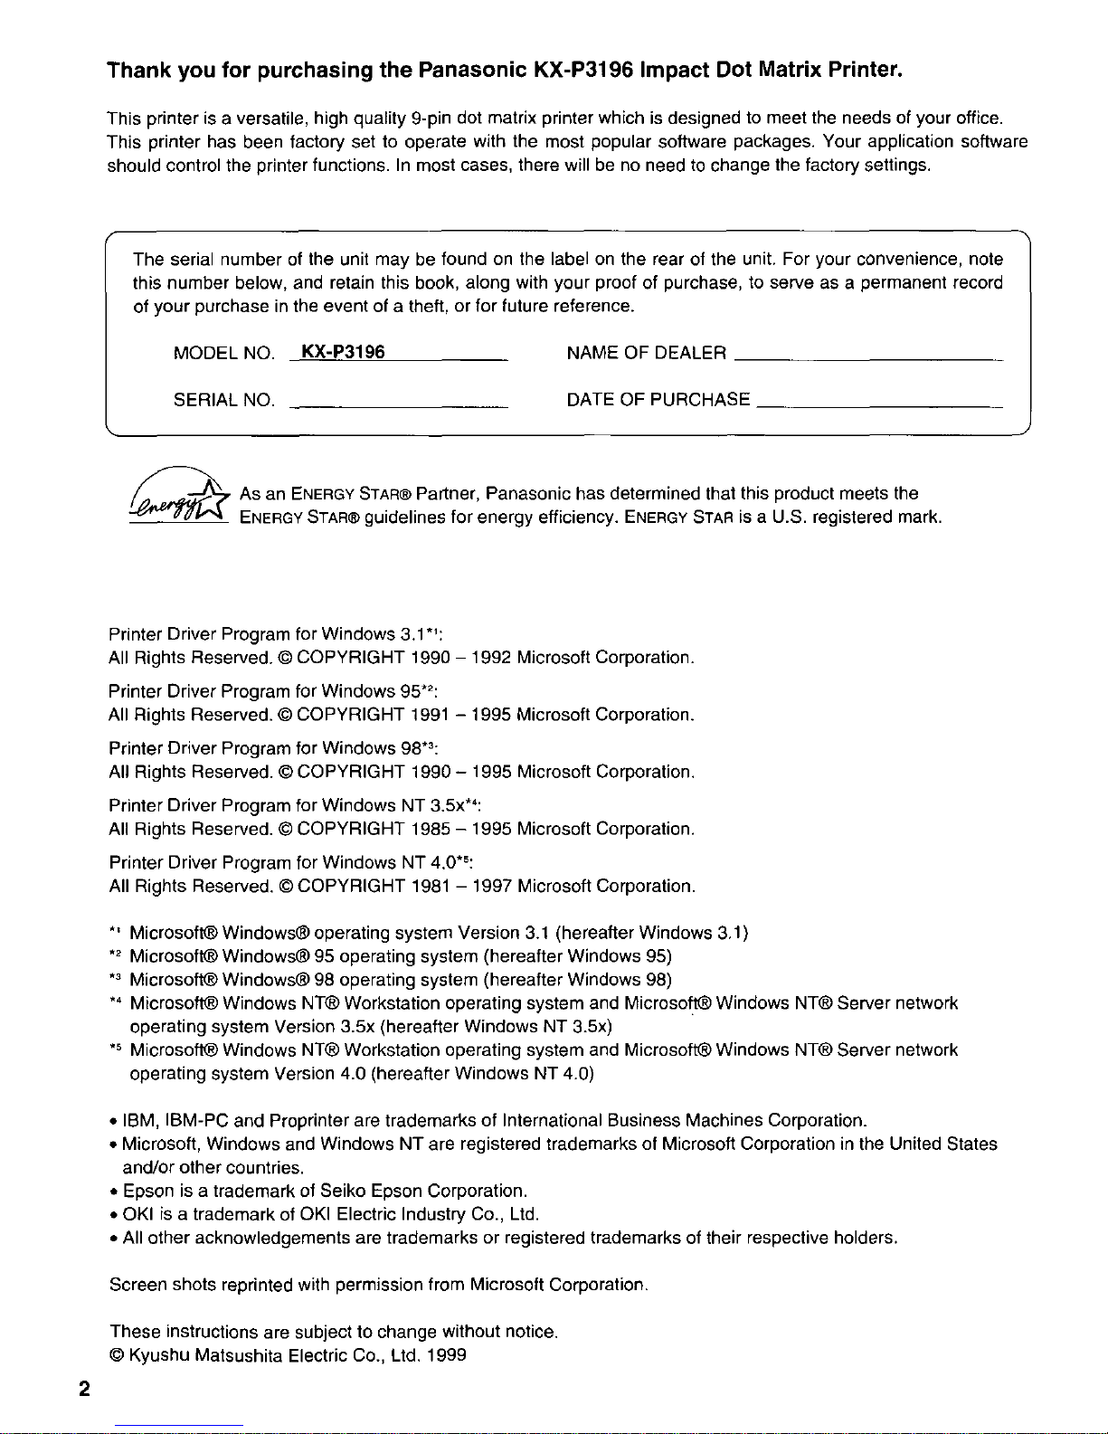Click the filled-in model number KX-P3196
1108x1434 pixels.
pos(344,352)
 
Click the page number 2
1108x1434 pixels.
pos(83,1390)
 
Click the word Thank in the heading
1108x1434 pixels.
pos(138,71)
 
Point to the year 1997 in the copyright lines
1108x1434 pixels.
pos(493,886)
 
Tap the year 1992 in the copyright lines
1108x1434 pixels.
pos(492,658)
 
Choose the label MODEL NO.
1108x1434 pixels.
pos(223,353)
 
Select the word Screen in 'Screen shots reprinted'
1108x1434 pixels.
pos(137,1285)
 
